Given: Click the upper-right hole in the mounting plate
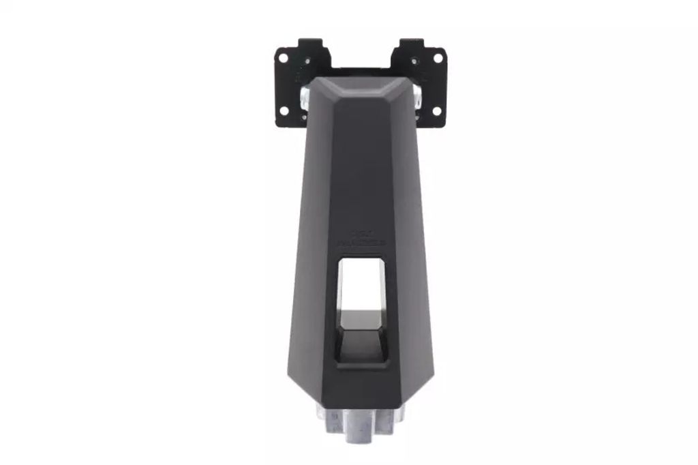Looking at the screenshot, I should click(x=438, y=58).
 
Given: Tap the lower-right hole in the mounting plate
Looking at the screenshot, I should click(x=437, y=110).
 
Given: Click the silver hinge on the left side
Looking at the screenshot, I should click(x=303, y=95).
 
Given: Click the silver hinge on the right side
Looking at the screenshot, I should click(x=418, y=95).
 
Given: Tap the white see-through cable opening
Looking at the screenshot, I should click(x=360, y=283).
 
